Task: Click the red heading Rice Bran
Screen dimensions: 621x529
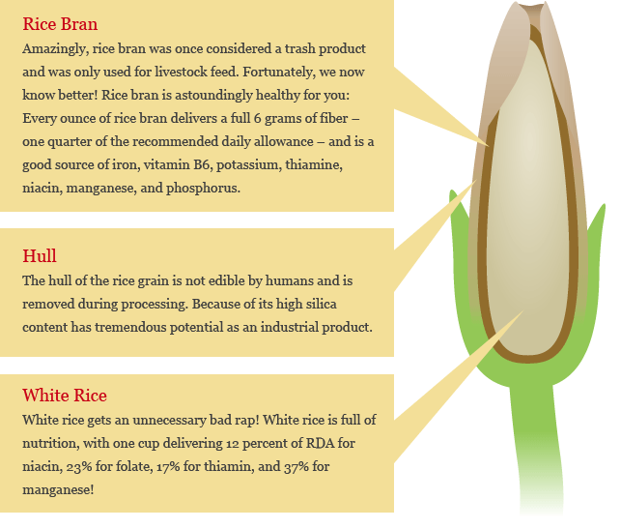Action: click(60, 24)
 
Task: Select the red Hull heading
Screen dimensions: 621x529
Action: click(40, 256)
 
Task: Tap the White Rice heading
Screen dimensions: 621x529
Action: click(65, 396)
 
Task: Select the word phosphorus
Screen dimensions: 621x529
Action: click(203, 189)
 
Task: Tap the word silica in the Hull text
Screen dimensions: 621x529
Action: click(321, 304)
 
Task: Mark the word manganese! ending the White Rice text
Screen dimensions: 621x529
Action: click(58, 490)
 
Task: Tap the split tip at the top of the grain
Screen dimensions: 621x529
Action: click(531, 5)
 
